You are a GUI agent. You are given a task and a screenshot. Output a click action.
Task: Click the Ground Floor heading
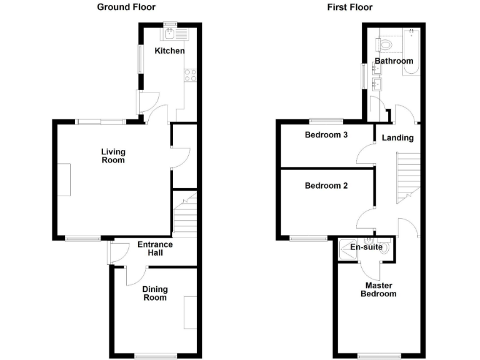click(x=126, y=7)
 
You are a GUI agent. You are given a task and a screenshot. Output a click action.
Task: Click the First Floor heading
click(x=349, y=7)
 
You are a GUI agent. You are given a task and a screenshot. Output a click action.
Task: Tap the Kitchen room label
click(x=169, y=51)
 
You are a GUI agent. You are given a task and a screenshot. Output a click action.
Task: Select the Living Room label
click(x=113, y=156)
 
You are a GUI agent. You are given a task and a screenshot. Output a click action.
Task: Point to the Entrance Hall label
click(x=151, y=249)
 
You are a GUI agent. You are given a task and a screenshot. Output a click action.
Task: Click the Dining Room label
click(x=154, y=293)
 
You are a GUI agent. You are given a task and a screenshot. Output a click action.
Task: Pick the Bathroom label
click(x=394, y=61)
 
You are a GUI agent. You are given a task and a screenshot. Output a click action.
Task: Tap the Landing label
click(x=397, y=137)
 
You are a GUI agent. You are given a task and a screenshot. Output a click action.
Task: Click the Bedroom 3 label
click(x=326, y=135)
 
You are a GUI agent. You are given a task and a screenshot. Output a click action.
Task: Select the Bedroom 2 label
click(x=326, y=186)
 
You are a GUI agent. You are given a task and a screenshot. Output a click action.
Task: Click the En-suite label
click(x=366, y=247)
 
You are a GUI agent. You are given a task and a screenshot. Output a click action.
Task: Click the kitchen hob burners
click(x=190, y=76)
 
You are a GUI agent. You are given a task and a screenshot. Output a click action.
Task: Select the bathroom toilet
click(x=385, y=44)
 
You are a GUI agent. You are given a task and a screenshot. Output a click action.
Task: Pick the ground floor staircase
click(x=184, y=216)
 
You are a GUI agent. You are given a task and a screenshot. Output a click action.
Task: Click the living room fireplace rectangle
click(x=66, y=179)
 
